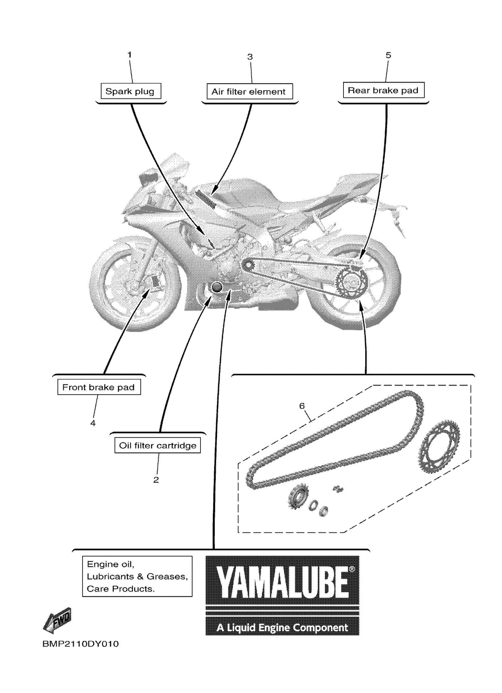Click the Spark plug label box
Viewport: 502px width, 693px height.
pyautogui.click(x=131, y=91)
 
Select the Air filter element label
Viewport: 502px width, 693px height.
pyautogui.click(x=249, y=91)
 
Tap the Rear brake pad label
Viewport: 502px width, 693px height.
pyautogui.click(x=383, y=90)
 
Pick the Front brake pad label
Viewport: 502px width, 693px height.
pyautogui.click(x=99, y=387)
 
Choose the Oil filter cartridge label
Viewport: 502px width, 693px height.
pyautogui.click(x=157, y=445)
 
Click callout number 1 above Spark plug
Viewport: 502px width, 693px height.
pyautogui.click(x=130, y=55)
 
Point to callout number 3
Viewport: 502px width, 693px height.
pyautogui.click(x=250, y=57)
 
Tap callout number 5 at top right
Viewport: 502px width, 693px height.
pyautogui.click(x=388, y=55)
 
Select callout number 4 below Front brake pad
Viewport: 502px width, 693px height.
pyautogui.click(x=93, y=423)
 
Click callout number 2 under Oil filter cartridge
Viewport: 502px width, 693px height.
pyautogui.click(x=156, y=480)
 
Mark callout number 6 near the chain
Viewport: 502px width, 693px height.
pyautogui.click(x=302, y=406)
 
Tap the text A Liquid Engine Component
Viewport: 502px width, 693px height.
pyautogui.click(x=282, y=627)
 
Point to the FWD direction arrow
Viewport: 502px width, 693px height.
pyautogui.click(x=58, y=620)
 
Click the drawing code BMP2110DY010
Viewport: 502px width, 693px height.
pyautogui.click(x=80, y=644)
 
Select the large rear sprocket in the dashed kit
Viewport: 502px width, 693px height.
pyautogui.click(x=439, y=447)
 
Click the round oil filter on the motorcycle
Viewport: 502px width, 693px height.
pyautogui.click(x=217, y=287)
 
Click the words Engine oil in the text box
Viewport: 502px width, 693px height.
pyautogui.click(x=110, y=564)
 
